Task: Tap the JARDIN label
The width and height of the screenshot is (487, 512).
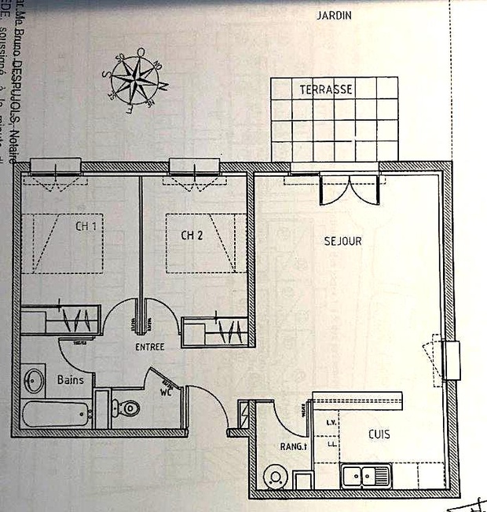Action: (x=333, y=15)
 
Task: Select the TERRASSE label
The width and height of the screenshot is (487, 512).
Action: (x=325, y=90)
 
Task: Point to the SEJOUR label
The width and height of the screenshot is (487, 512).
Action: (x=342, y=241)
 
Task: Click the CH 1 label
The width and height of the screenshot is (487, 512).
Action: (x=87, y=226)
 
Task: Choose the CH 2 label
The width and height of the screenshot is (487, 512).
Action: (x=192, y=234)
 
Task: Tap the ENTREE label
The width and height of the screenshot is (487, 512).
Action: (x=149, y=346)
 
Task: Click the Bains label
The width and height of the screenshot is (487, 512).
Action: (x=70, y=379)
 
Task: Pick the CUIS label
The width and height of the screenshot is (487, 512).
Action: (x=379, y=433)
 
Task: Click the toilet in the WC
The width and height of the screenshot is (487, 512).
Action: (x=128, y=408)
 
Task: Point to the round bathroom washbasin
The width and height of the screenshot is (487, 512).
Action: (x=34, y=381)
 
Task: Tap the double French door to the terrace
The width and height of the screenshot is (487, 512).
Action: (x=350, y=188)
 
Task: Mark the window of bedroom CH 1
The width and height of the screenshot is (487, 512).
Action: (x=56, y=166)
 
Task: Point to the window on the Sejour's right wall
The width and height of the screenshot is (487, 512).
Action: (x=449, y=360)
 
